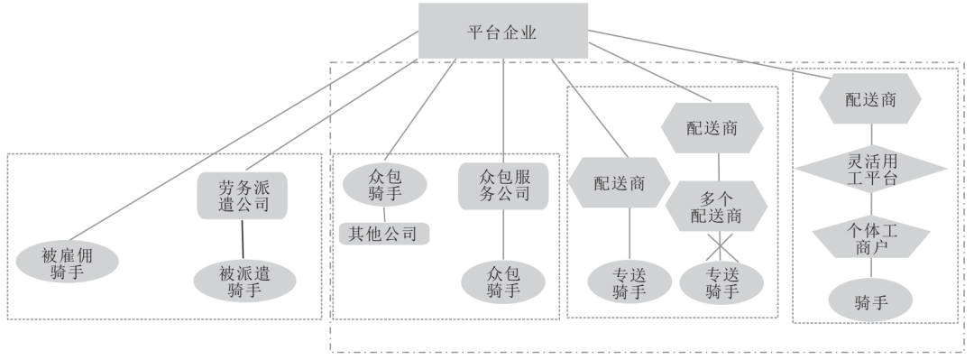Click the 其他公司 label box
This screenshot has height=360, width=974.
tap(383, 234)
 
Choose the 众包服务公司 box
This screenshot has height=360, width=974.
tap(503, 185)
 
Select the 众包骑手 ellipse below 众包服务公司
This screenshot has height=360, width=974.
tap(502, 281)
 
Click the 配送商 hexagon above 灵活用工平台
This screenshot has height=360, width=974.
tap(869, 100)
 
